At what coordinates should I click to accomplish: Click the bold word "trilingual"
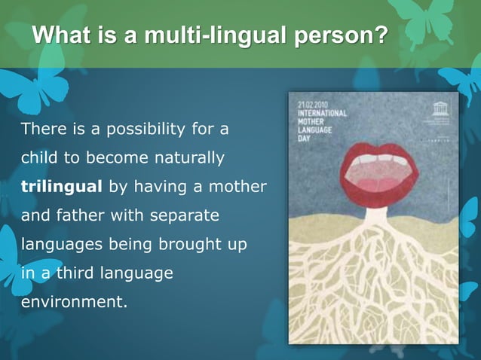coord(63,187)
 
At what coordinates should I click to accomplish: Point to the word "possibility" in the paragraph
coord(139,129)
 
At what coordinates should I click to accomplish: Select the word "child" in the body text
coord(37,158)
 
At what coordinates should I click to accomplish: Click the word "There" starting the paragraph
coord(41,129)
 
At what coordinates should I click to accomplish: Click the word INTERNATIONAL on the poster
coord(321,114)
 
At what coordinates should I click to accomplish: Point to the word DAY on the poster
coord(303,137)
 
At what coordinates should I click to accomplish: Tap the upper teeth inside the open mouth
coord(381,160)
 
